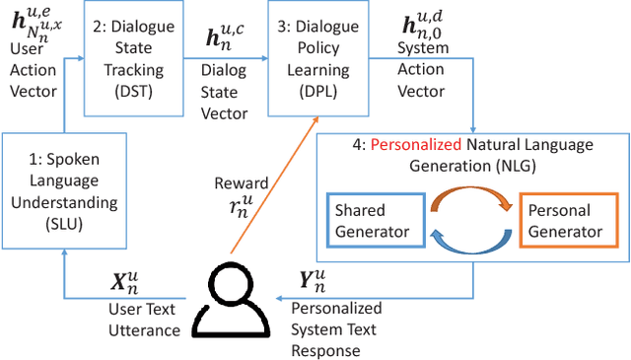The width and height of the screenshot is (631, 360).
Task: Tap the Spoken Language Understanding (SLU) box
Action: (x=61, y=188)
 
